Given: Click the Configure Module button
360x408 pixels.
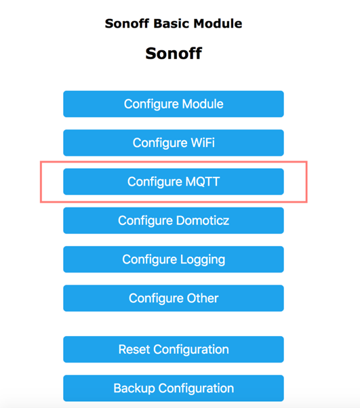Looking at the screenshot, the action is pos(174,104).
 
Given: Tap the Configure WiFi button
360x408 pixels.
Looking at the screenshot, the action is pos(174,142).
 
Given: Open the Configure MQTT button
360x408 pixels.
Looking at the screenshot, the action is pos(174,182).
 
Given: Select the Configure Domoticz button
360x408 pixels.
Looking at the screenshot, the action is pos(174,220).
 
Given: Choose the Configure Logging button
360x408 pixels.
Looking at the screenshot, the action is pos(174,259).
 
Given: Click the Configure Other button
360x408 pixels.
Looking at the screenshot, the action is pos(174,298).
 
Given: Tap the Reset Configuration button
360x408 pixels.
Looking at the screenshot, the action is pos(174,349).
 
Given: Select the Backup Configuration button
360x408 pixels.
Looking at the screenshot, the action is pos(174,388).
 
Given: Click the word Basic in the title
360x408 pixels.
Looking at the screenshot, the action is pos(172,24).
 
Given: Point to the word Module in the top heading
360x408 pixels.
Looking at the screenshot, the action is pos(218,24).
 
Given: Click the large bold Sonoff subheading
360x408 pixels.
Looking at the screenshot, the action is pos(174,54).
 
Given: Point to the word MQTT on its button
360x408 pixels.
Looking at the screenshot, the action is pos(203,182).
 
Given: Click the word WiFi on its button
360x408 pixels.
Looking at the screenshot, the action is pos(203,142).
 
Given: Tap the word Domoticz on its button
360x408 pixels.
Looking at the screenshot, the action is pos(203,220).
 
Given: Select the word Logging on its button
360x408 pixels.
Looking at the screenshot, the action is pos(203,260).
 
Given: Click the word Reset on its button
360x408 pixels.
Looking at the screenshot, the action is pos(134,350).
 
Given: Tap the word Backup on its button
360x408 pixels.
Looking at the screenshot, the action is pos(134,388).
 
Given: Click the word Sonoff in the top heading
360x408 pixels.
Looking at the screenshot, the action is pos(127,24).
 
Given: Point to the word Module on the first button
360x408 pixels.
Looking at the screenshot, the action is pos(203,104).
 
